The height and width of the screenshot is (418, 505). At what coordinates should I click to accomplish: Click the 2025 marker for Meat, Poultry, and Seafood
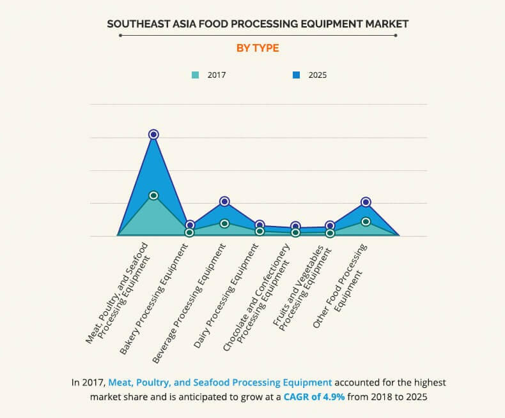[x=153, y=134]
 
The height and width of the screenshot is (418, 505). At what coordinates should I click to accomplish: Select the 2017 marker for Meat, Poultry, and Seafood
[x=153, y=195]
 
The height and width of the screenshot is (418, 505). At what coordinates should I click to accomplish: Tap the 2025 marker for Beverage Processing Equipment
[x=224, y=201]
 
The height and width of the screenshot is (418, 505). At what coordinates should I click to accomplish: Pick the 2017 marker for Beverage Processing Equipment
[x=224, y=223]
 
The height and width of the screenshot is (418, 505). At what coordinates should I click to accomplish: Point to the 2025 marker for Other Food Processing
[x=366, y=202]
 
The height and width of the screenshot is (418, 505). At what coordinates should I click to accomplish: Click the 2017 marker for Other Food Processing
[x=366, y=221]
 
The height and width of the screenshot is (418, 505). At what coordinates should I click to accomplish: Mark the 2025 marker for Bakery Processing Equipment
[x=189, y=225]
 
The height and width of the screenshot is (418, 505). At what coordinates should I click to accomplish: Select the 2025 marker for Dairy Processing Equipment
[x=260, y=225]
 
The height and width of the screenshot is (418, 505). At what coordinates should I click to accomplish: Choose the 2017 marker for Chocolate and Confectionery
[x=295, y=233]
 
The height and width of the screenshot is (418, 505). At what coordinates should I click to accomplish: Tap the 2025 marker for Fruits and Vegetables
[x=330, y=225]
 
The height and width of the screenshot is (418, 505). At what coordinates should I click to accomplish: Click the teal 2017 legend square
[x=196, y=75]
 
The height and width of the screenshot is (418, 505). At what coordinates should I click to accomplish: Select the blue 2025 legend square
[x=296, y=75]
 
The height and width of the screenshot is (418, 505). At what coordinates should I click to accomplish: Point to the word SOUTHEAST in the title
[x=139, y=24]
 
